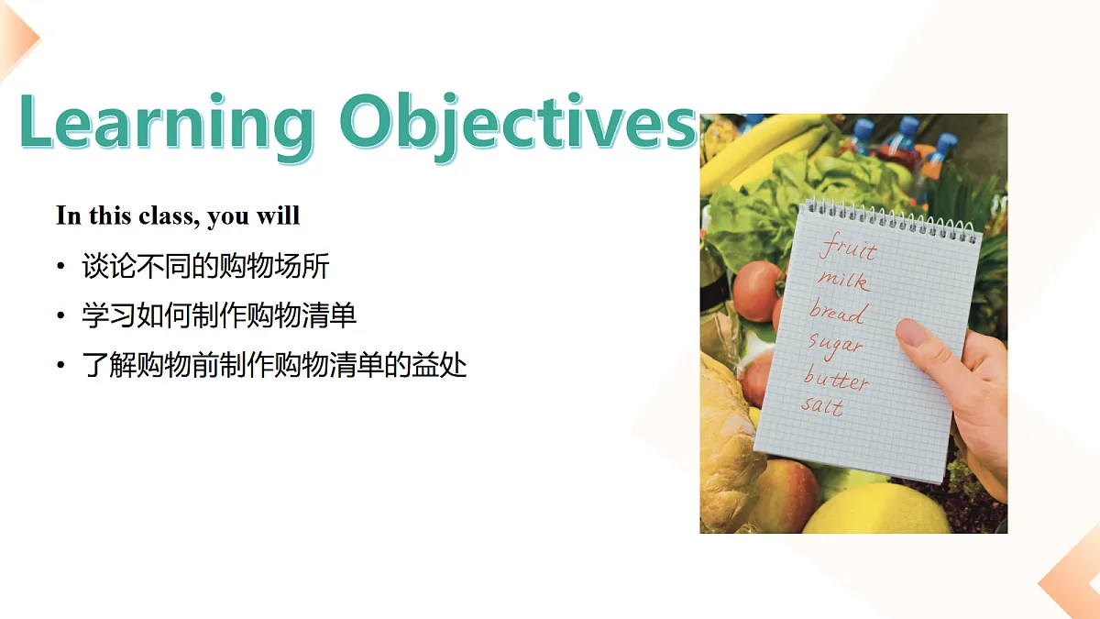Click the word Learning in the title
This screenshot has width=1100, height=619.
(x=165, y=124)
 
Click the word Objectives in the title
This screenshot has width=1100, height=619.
(x=519, y=124)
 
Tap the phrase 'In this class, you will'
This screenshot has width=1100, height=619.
(x=178, y=216)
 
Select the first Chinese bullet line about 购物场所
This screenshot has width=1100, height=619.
(x=205, y=267)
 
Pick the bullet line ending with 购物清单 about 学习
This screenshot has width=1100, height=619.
(x=219, y=316)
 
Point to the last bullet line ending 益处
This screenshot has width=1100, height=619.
(x=274, y=366)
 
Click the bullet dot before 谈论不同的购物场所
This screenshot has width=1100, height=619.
(x=60, y=268)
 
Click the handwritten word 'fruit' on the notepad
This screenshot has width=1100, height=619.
(x=848, y=249)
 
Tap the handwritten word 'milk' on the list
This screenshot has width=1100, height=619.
(x=842, y=280)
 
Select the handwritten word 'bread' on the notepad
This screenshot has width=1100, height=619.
(x=837, y=312)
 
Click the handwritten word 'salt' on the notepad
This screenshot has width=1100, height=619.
(x=822, y=405)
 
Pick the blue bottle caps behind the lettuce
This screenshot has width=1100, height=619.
(x=907, y=133)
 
